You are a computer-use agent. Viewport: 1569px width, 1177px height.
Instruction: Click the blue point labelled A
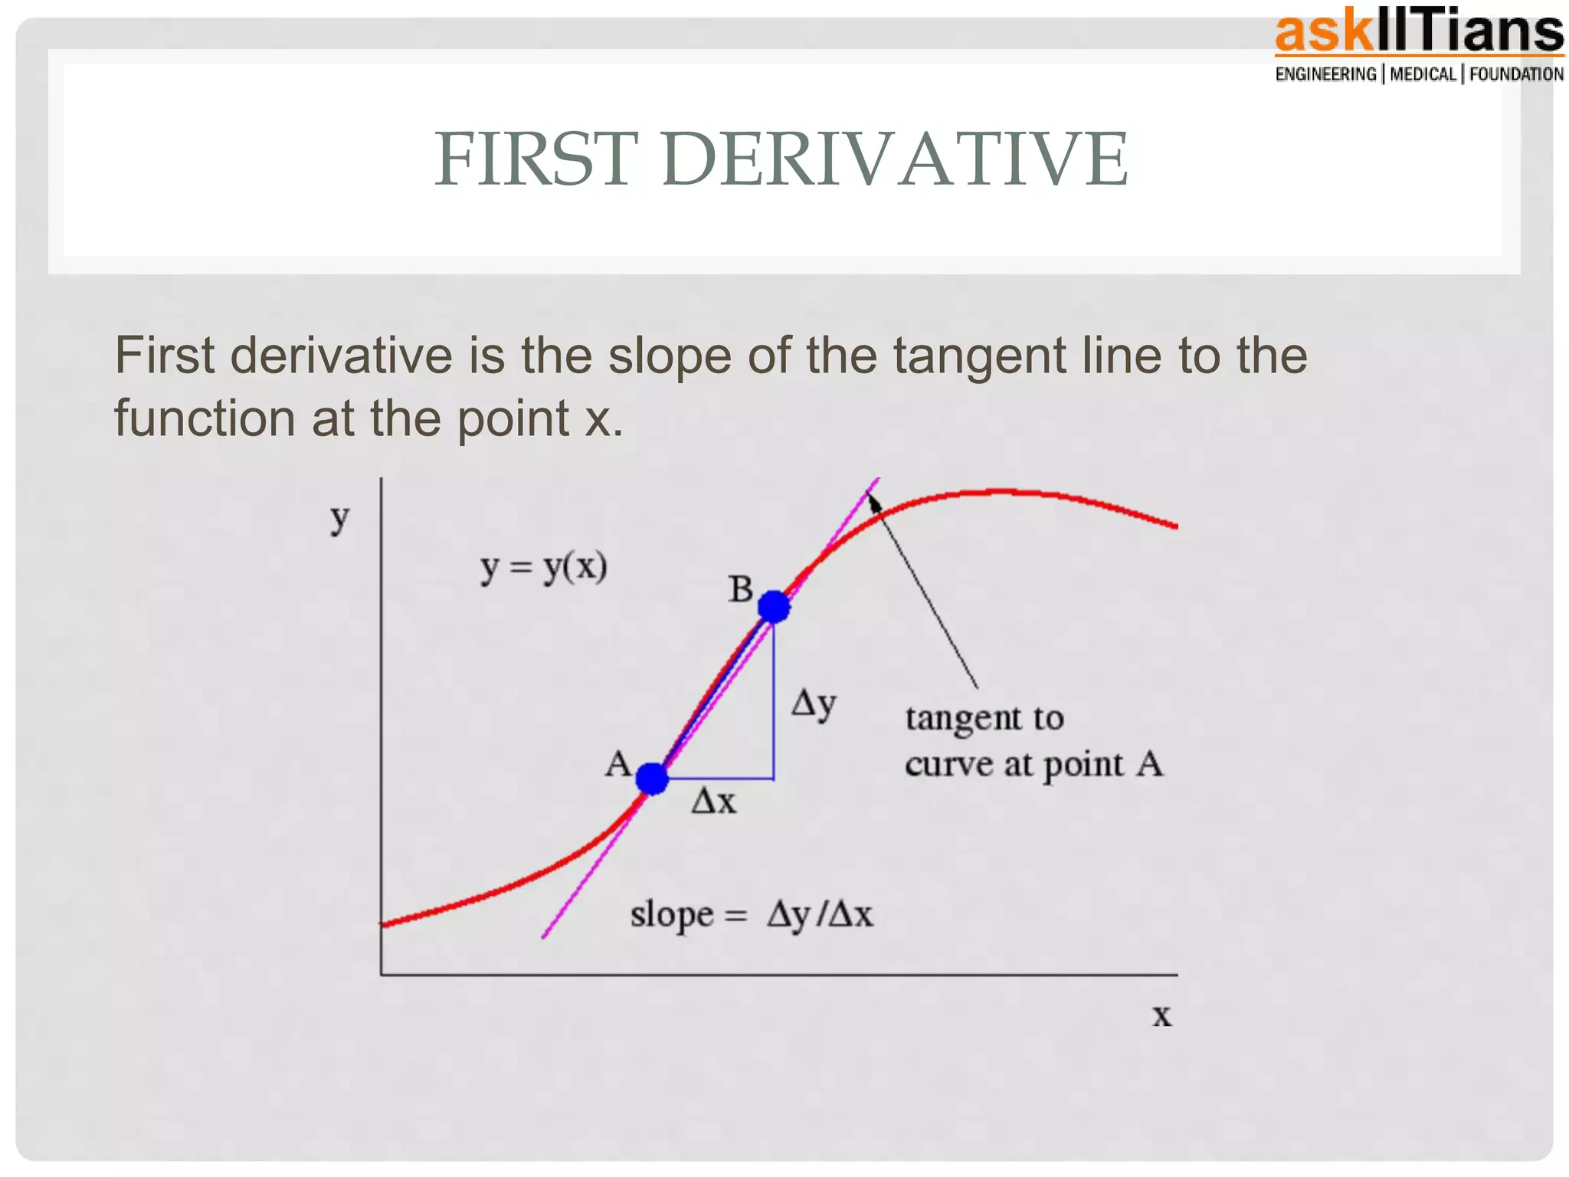(652, 779)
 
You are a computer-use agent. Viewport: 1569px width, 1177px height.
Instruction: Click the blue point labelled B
(774, 607)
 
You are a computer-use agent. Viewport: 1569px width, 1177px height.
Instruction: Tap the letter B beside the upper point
(741, 590)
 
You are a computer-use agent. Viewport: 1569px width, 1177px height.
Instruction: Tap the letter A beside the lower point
(618, 764)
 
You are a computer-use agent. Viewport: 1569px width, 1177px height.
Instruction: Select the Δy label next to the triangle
(814, 703)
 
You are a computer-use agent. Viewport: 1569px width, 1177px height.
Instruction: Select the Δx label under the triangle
(713, 802)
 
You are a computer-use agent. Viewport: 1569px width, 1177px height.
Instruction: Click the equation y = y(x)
(544, 569)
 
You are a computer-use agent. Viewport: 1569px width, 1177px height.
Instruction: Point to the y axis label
(339, 519)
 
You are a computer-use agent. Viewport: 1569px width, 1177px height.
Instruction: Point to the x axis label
(1162, 1015)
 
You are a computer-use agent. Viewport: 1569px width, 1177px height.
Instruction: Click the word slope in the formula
(672, 915)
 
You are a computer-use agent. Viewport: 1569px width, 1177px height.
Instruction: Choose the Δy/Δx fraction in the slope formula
(820, 915)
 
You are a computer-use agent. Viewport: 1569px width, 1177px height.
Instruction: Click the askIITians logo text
(1418, 32)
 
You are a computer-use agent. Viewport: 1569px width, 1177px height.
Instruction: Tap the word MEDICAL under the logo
(1423, 74)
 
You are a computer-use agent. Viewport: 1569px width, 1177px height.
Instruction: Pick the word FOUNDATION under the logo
(1516, 74)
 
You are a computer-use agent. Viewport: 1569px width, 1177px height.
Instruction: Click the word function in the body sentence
(204, 418)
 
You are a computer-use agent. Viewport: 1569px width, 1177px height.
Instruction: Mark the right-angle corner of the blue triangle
(773, 779)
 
